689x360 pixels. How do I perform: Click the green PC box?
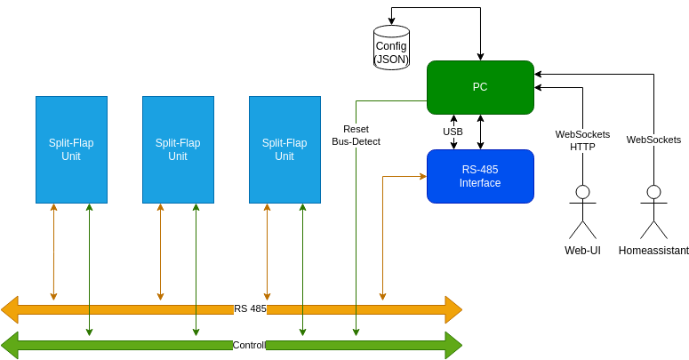(x=480, y=87)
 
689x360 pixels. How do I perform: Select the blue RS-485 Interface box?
(x=480, y=176)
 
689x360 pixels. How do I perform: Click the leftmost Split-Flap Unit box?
(x=71, y=149)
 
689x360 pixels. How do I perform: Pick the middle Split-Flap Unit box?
(x=178, y=149)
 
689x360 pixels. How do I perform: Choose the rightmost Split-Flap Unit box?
(x=284, y=149)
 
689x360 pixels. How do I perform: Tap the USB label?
(x=453, y=132)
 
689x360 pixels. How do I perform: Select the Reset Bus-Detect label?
(x=356, y=135)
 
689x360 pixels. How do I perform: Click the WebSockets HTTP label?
(x=582, y=140)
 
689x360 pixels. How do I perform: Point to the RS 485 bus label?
(x=250, y=309)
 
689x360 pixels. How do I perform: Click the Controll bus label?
(x=249, y=345)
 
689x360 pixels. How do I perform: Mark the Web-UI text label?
(x=582, y=251)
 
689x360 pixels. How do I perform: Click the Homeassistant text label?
(x=653, y=251)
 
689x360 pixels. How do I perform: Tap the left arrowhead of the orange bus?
(x=10, y=309)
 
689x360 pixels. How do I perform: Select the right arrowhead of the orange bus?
(x=453, y=309)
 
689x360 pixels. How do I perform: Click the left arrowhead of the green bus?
(x=10, y=345)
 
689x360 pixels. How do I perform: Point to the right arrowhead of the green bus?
(x=453, y=345)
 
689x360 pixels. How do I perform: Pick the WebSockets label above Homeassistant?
(x=653, y=140)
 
